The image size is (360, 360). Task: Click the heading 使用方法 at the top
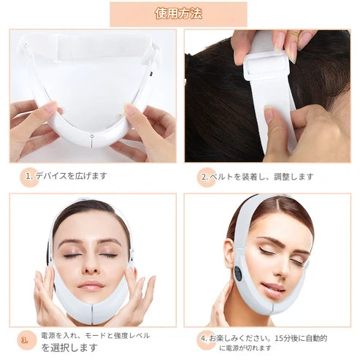click(x=179, y=14)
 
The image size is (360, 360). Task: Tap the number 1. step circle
click(x=29, y=177)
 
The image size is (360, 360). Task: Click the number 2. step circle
click(x=207, y=177)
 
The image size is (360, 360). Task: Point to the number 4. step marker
click(x=206, y=340)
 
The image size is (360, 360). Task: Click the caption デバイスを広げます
click(x=71, y=175)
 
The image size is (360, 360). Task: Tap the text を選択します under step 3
click(x=69, y=348)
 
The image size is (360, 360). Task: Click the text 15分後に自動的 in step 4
click(x=301, y=338)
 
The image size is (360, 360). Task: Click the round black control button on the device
click(x=238, y=274)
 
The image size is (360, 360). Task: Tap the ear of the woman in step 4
click(x=229, y=253)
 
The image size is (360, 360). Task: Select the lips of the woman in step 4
click(x=274, y=290)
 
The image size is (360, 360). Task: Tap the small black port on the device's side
click(x=151, y=73)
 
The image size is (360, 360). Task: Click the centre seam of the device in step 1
click(x=91, y=139)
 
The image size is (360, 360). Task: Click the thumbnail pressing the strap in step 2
click(x=268, y=114)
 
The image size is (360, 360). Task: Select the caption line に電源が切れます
click(x=245, y=348)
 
